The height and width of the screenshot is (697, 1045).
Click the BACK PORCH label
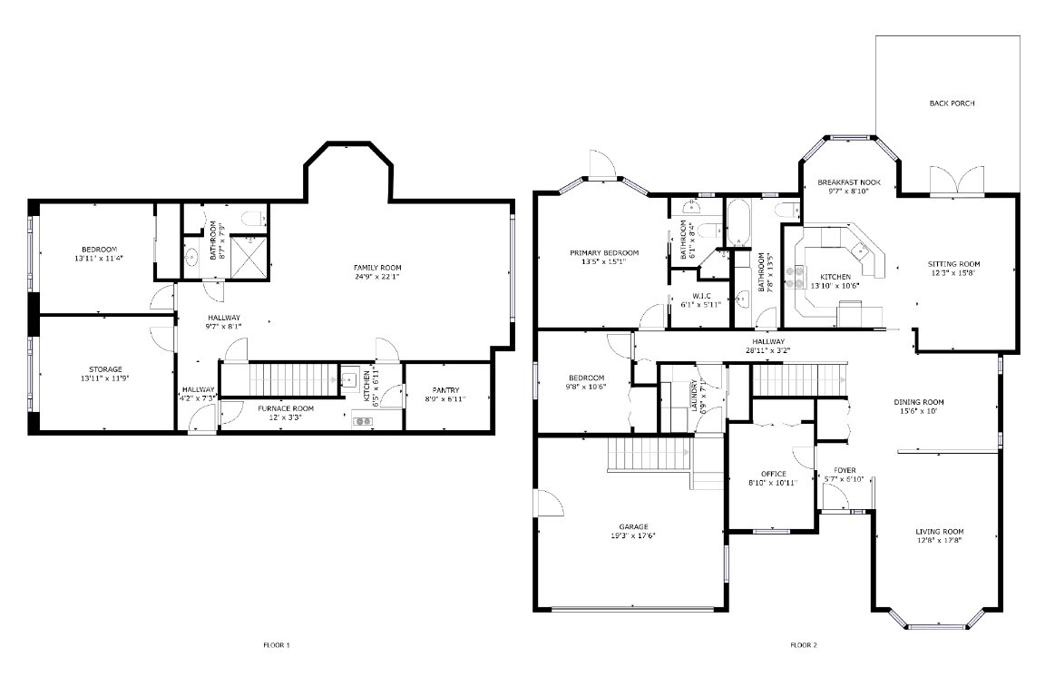pos(952,103)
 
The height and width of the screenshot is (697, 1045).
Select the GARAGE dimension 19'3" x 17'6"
pos(632,535)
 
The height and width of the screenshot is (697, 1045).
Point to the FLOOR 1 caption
pos(276,645)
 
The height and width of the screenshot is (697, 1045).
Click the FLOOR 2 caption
pos(803,645)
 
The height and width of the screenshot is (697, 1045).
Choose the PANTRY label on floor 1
pos(446,390)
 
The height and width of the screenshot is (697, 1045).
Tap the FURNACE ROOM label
pos(286,408)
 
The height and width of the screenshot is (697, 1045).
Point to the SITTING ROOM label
pos(953,264)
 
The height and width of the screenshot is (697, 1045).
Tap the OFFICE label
pos(773,474)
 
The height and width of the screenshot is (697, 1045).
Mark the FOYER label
pos(844,470)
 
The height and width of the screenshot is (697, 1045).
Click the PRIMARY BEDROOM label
pos(604,252)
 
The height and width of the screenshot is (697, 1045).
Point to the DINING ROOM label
pos(919,402)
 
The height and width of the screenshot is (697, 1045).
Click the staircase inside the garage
pos(650,453)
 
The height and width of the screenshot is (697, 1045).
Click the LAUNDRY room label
pos(694,396)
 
